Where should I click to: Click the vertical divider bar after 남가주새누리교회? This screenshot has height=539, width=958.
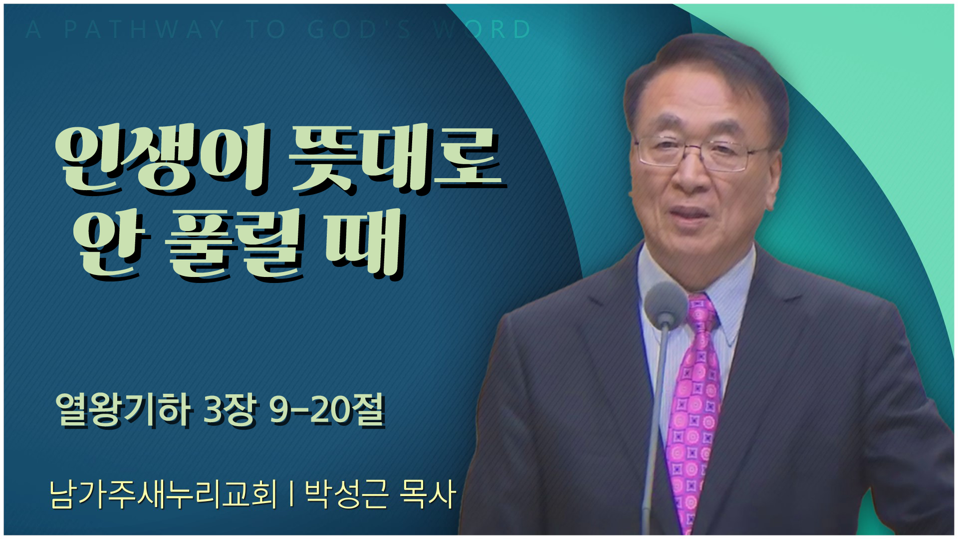[x=290, y=494]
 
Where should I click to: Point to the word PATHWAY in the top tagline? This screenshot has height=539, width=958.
[x=145, y=29]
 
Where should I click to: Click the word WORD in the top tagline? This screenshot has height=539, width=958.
[x=482, y=29]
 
